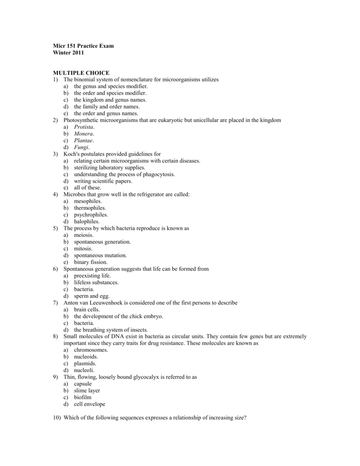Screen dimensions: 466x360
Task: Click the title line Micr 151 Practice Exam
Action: tap(83, 46)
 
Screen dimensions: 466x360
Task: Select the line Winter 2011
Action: tap(68, 53)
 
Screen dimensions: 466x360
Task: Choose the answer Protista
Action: tap(84, 127)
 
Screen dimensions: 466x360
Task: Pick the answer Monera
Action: tap(84, 134)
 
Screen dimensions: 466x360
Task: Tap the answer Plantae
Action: tap(84, 141)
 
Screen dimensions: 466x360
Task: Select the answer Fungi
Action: tap(82, 147)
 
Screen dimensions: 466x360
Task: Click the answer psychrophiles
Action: tap(91, 214)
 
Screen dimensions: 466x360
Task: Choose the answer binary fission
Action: tap(91, 262)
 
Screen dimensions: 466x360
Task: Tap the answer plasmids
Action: tap(85, 364)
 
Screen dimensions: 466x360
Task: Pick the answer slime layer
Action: tap(87, 390)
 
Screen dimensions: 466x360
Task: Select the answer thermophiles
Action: tap(90, 208)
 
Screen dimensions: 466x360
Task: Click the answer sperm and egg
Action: tap(90, 296)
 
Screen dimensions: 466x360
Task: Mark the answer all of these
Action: tap(88, 187)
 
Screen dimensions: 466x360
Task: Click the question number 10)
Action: tap(57, 417)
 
